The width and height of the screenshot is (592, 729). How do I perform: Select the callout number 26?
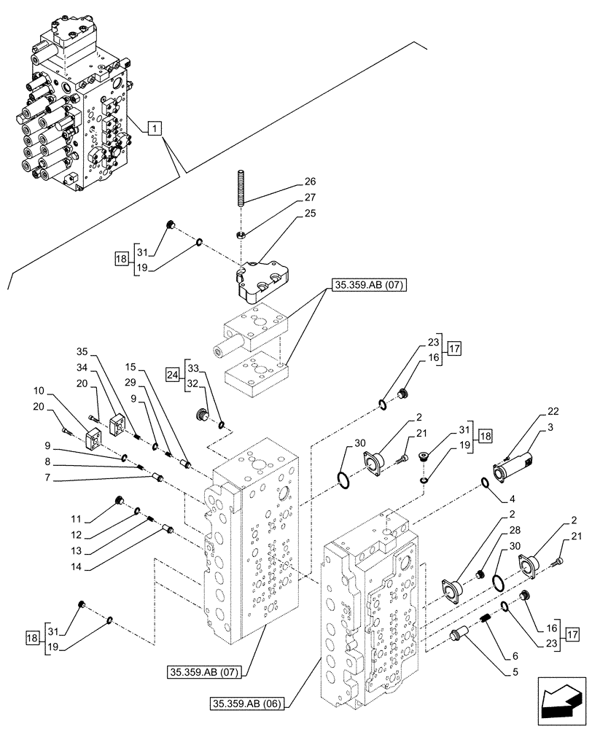click(309, 182)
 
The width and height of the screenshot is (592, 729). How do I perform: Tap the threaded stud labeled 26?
click(241, 189)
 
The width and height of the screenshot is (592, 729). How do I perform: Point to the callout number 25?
click(309, 213)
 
